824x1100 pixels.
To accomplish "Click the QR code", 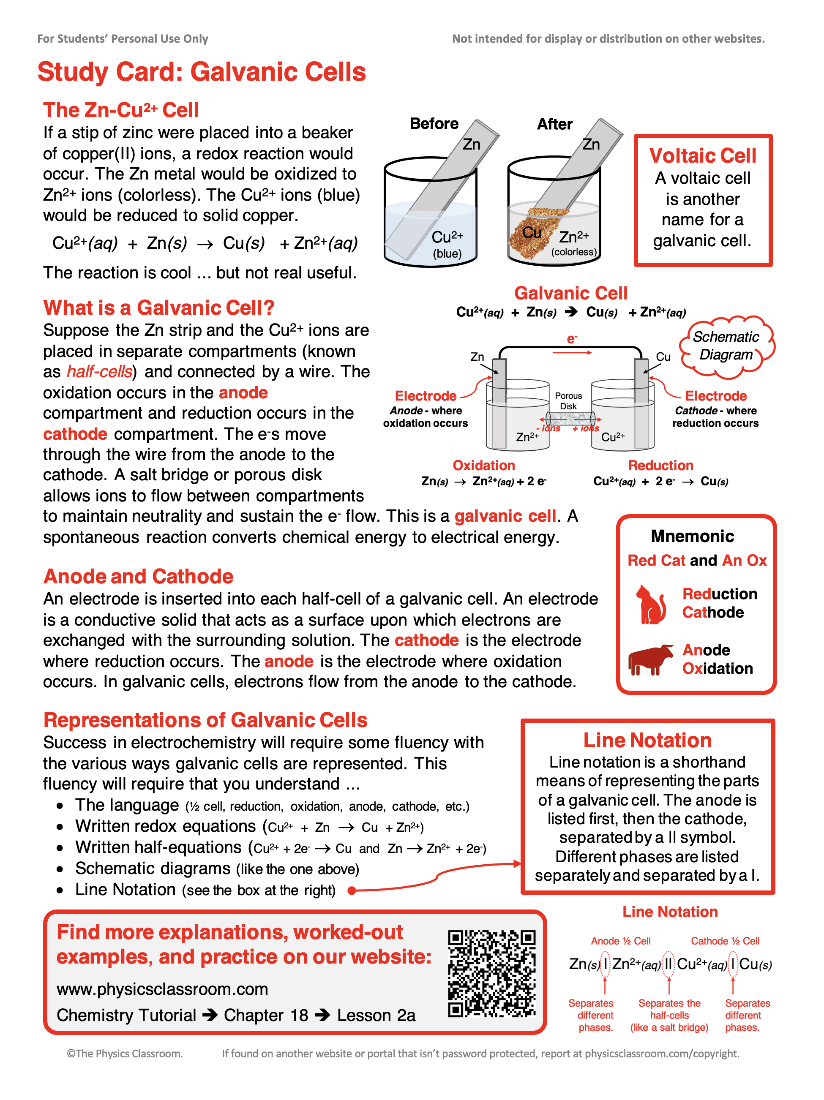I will (491, 973).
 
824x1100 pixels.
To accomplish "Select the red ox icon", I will (650, 659).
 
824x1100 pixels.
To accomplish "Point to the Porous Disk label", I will (568, 400).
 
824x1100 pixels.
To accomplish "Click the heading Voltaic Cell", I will (702, 155).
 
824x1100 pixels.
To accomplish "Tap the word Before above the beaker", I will (434, 123).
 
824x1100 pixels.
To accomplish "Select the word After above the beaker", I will (554, 124).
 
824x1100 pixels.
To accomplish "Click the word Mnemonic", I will (692, 536).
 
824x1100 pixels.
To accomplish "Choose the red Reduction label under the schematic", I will (660, 465).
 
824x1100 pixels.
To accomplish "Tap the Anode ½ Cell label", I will (620, 940).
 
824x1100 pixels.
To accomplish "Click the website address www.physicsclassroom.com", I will (162, 988).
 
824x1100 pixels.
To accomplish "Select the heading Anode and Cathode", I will (138, 576).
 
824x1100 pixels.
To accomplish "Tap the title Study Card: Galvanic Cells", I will (202, 72).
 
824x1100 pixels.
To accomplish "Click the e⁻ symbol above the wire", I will (572, 339).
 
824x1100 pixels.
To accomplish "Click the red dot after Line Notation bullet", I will (351, 890).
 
